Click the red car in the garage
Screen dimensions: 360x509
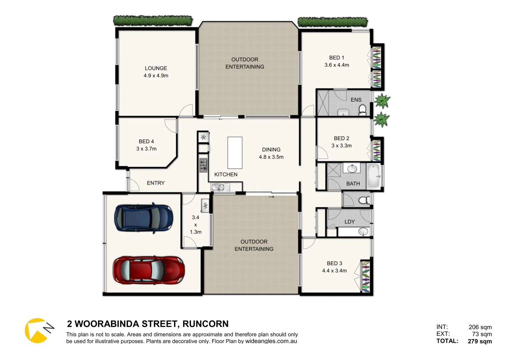(149, 270)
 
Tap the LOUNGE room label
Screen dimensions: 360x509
(156, 68)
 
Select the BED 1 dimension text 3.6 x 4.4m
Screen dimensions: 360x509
(337, 65)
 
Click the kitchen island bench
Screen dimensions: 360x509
(235, 153)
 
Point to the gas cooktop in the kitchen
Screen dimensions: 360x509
(203, 165)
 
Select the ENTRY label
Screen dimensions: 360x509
(156, 183)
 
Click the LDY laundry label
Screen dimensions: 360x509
(349, 222)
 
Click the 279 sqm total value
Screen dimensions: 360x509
(480, 341)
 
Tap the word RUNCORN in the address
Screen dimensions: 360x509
(205, 324)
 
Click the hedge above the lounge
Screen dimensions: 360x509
(153, 21)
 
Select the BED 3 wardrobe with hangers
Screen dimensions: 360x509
(366, 277)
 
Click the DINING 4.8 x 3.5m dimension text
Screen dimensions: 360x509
(271, 157)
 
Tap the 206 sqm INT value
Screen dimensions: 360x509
(480, 327)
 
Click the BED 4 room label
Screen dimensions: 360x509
(146, 141)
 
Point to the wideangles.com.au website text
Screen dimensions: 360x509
(271, 341)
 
